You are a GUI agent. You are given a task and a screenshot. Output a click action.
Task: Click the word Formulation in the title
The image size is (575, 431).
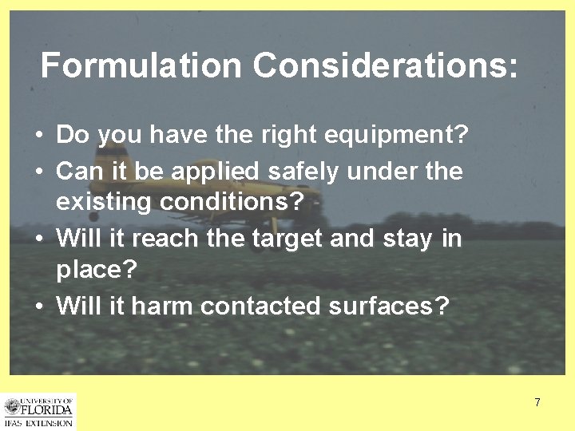[x=141, y=65]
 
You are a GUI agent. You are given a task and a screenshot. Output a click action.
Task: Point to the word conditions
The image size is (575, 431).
[x=232, y=202]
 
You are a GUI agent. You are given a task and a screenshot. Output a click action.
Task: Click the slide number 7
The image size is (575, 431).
[x=537, y=402]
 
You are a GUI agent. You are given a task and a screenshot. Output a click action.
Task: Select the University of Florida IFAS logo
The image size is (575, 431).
[x=38, y=411]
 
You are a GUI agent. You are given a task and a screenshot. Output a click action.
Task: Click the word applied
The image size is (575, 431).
[x=217, y=171]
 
